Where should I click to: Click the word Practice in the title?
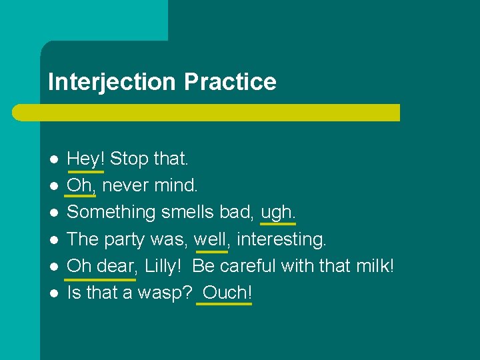pos(230,82)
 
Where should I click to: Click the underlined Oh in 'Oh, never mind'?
pos(79,185)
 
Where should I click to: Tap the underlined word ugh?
pos(277,212)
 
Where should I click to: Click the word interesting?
pos(282,239)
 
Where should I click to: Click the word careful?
pos(249,265)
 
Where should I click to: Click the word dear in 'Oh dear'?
pos(115,265)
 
